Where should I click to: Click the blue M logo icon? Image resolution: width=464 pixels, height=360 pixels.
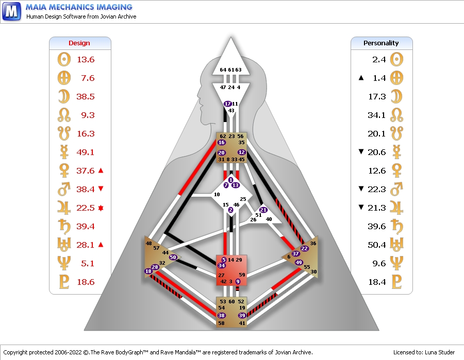[x=11, y=10]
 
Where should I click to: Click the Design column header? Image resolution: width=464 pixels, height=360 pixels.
[x=79, y=43]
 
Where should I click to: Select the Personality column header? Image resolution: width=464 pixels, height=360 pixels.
[x=381, y=43]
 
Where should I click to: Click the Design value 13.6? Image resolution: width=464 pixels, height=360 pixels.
[x=86, y=59]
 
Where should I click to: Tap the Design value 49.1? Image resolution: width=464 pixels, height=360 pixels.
[x=86, y=152]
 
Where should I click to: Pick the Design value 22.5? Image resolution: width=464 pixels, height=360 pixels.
[x=86, y=208]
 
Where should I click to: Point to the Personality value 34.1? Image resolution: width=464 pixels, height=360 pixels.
[x=377, y=115]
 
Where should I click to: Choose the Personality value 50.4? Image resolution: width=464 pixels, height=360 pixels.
[x=377, y=245]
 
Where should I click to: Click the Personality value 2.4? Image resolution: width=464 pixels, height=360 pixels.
[x=379, y=59]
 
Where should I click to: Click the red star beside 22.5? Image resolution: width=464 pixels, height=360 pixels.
[x=101, y=208]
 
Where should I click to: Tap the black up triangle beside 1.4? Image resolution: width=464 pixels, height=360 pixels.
[x=361, y=78]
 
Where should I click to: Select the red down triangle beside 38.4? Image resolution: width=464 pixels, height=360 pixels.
[x=101, y=189]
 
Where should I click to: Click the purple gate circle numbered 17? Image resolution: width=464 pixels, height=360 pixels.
[x=228, y=104]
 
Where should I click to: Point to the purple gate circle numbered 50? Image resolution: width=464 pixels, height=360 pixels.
[x=173, y=257]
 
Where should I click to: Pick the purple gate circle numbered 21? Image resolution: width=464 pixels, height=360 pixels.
[x=263, y=210]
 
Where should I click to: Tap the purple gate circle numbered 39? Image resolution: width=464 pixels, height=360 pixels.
[x=242, y=315]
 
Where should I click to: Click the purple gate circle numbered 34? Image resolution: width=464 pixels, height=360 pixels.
[x=222, y=265]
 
